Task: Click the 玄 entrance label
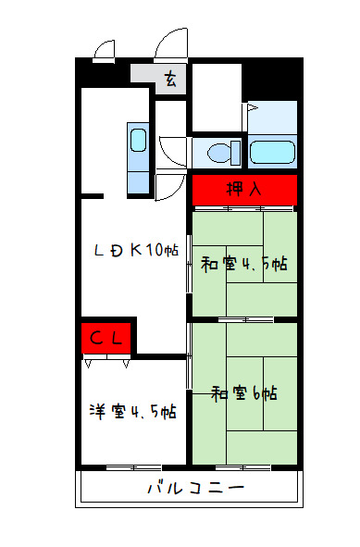(x=170, y=80)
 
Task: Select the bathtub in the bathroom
(x=272, y=152)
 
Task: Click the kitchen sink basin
(x=138, y=142)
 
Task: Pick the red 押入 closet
(x=244, y=190)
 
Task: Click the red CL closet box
(x=107, y=338)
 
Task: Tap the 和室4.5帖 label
(x=244, y=264)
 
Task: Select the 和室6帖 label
(x=244, y=393)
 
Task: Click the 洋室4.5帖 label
(x=133, y=411)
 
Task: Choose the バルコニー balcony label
(x=194, y=488)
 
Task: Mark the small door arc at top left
(x=105, y=49)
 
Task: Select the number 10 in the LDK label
(x=155, y=249)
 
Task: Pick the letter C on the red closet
(x=96, y=338)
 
